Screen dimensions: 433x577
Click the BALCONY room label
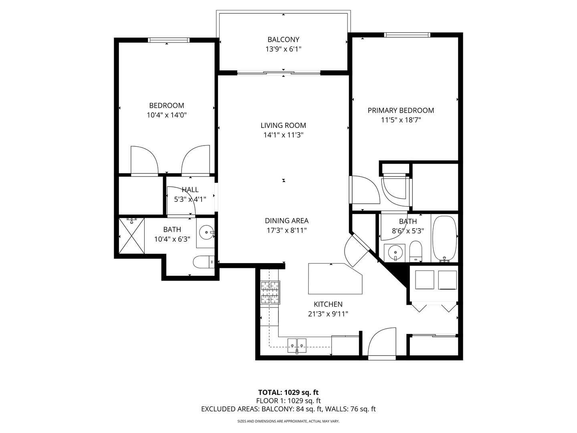click(283, 39)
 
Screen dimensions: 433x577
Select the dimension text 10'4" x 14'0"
click(167, 115)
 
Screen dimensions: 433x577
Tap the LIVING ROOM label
click(283, 125)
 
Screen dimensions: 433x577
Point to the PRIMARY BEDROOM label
click(401, 110)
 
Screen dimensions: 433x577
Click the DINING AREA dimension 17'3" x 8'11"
click(286, 231)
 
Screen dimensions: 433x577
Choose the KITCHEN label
click(328, 304)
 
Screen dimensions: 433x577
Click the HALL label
click(190, 190)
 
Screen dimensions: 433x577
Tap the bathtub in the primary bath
click(444, 239)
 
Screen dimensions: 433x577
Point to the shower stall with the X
click(132, 236)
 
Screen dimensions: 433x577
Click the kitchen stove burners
click(270, 292)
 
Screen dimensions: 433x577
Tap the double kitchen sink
click(297, 345)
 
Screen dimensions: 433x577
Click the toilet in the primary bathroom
click(416, 251)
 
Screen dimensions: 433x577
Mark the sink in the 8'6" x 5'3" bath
click(395, 252)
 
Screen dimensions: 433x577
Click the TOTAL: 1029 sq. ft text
click(288, 393)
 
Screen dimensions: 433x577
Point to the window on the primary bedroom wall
click(407, 35)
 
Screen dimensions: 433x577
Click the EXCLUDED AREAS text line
click(288, 409)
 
